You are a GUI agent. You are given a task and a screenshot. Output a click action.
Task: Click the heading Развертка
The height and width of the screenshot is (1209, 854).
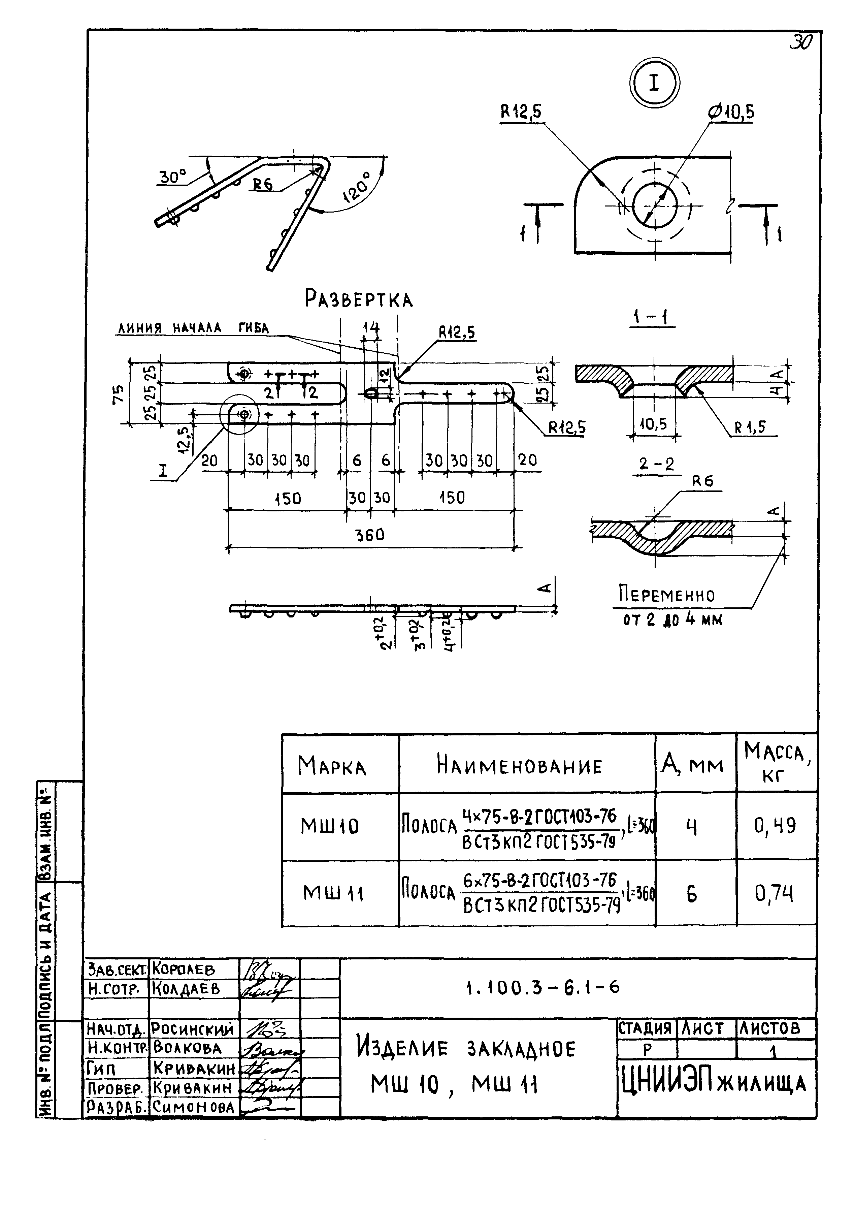(x=359, y=299)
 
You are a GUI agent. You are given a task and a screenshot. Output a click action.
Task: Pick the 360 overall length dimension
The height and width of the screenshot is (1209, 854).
(x=370, y=535)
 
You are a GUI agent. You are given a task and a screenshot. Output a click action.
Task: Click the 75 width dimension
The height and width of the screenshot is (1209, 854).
(x=119, y=393)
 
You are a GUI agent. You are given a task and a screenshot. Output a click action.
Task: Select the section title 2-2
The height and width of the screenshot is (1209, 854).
(x=656, y=465)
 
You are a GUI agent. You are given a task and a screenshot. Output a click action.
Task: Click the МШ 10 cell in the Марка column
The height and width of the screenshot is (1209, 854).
(x=330, y=826)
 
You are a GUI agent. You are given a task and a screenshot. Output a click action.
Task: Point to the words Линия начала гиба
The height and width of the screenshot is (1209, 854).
(x=193, y=328)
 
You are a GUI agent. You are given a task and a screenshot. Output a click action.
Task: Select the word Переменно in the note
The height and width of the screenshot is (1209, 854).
(x=666, y=595)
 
